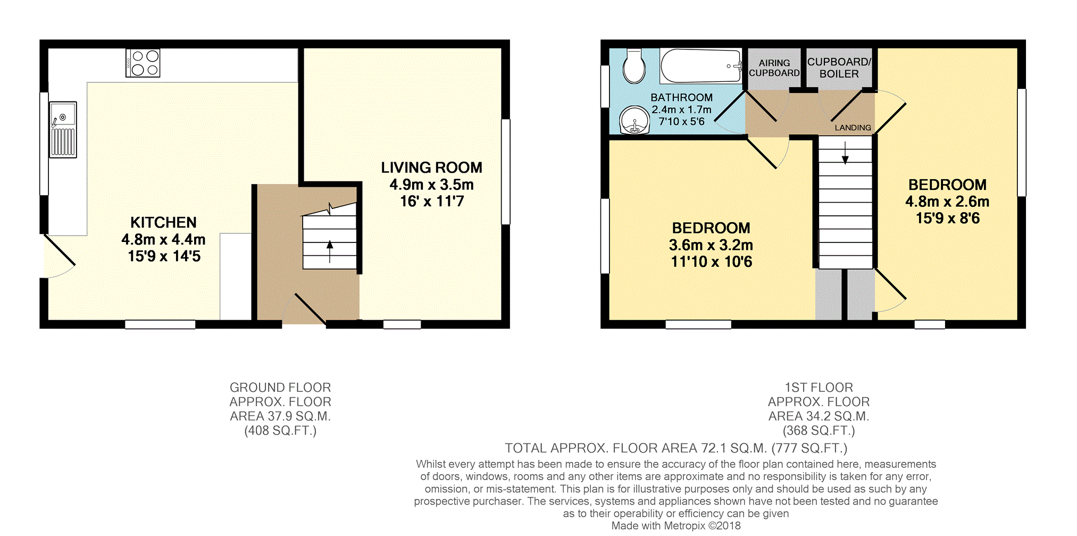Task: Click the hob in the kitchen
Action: (143, 63)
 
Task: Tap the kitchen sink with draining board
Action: (63, 130)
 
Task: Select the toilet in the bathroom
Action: (634, 66)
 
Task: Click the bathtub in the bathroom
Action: (701, 66)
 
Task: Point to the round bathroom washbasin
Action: (635, 120)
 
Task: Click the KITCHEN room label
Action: (163, 222)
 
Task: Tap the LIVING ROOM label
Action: (431, 167)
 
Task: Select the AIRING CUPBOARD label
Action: (774, 68)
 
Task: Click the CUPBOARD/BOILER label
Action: (839, 68)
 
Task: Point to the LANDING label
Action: (853, 128)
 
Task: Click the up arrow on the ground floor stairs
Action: (330, 252)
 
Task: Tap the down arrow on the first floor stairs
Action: (845, 153)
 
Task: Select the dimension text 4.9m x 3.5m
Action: (431, 185)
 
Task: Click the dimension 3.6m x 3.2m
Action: (711, 245)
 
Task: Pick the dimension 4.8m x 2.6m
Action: (947, 202)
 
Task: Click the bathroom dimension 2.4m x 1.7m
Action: (681, 110)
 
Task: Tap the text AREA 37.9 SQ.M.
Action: (280, 416)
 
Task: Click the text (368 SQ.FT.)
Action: (819, 431)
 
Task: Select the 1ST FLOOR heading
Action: (819, 388)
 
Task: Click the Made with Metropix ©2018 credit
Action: (675, 526)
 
